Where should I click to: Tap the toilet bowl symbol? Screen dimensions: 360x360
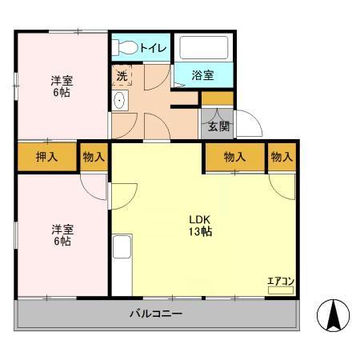(x=124, y=48)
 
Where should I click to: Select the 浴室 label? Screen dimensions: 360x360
(x=203, y=76)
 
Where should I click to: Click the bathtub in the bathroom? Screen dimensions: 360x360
(x=204, y=47)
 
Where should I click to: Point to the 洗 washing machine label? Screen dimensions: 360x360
(x=122, y=76)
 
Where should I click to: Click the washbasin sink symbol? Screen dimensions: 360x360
(x=120, y=101)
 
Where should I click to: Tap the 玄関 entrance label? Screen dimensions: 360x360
(x=218, y=126)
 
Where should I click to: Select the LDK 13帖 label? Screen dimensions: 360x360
(x=200, y=226)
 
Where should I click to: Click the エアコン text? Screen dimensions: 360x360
(x=281, y=280)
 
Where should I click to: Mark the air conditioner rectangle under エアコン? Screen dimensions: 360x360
(x=281, y=290)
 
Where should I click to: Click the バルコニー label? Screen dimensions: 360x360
(x=156, y=314)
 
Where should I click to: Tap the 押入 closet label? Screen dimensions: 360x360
(x=47, y=157)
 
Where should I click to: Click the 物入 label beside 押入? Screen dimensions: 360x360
(x=94, y=157)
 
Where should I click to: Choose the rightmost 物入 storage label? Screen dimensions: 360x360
(x=282, y=157)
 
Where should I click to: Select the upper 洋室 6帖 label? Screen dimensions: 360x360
(x=62, y=86)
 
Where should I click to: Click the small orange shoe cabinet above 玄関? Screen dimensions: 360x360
(x=217, y=98)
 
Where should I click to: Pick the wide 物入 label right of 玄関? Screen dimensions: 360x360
(x=234, y=157)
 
